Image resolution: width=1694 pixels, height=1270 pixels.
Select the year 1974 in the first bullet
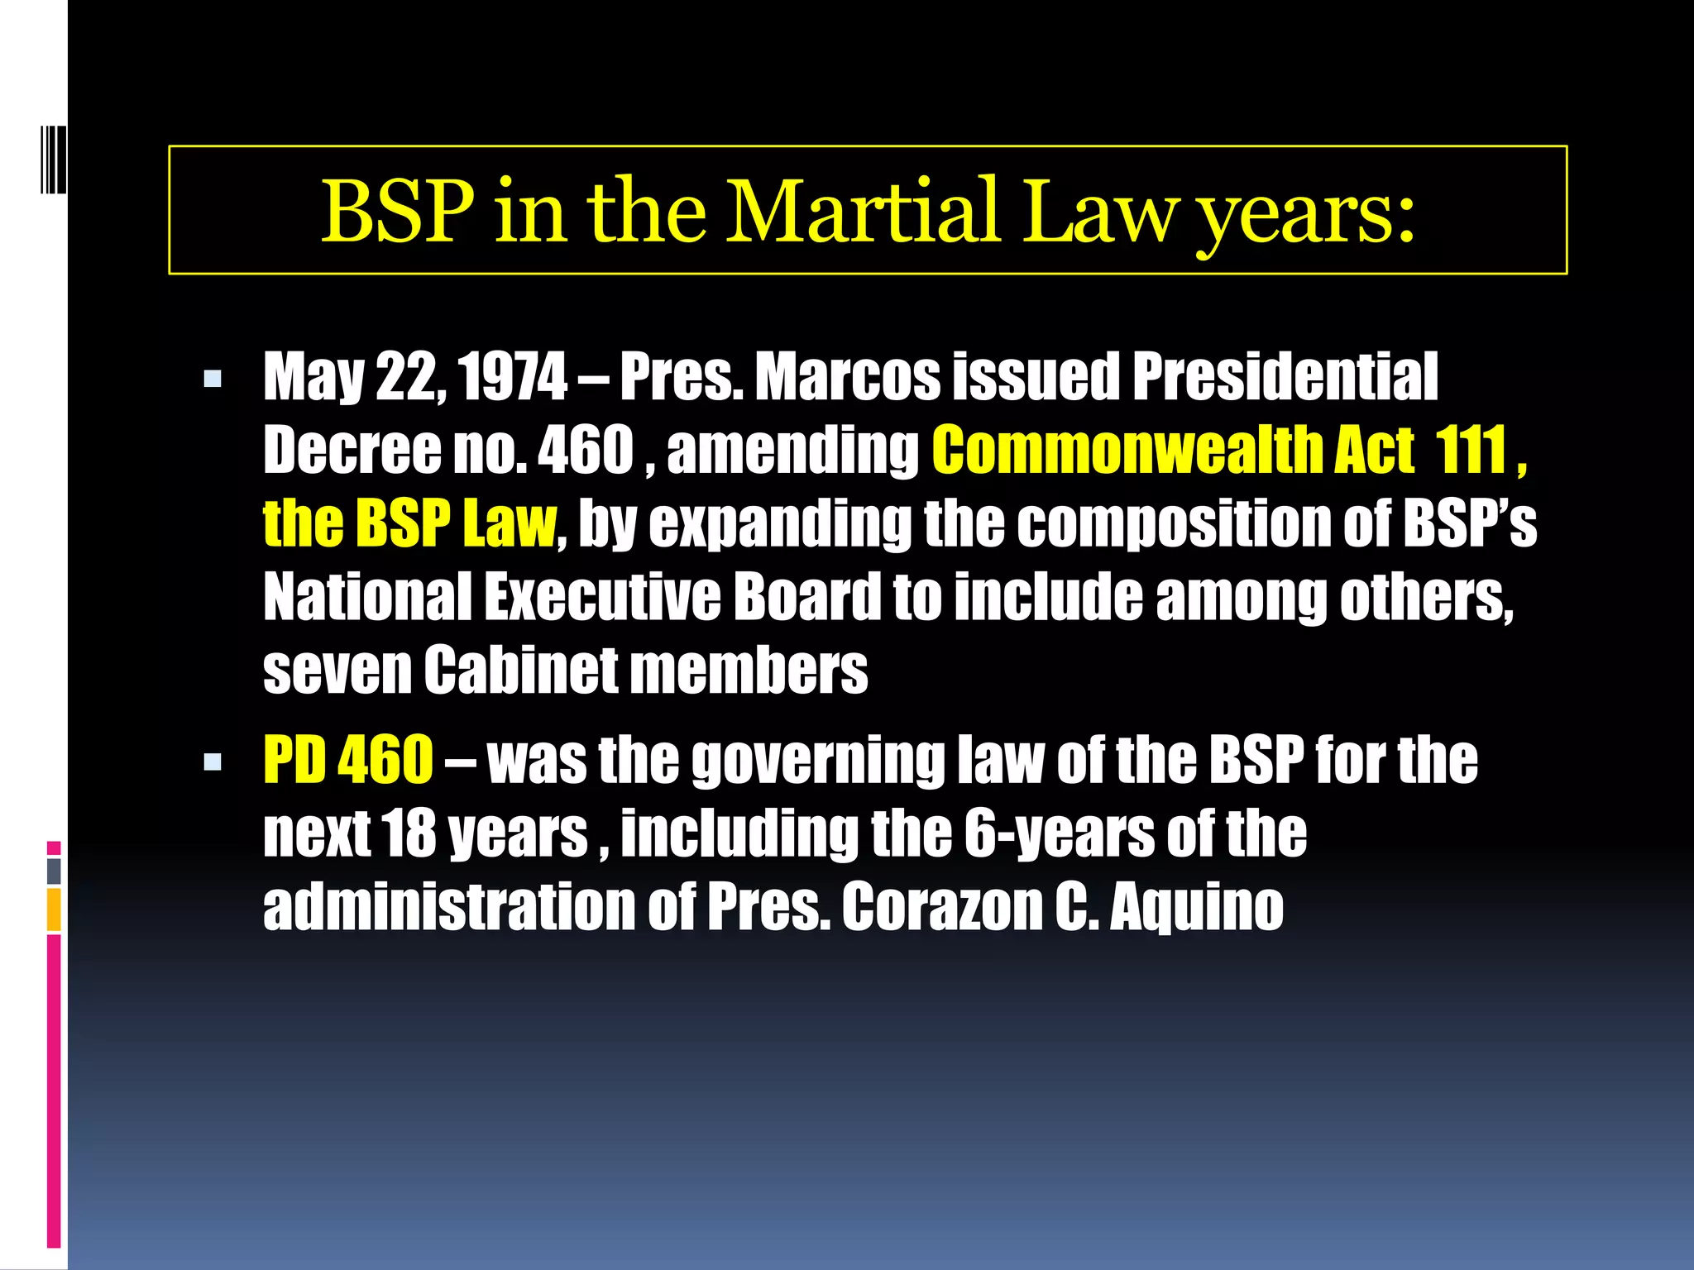513,377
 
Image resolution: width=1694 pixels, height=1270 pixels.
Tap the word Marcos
848,377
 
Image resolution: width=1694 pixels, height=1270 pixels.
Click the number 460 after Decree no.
586,450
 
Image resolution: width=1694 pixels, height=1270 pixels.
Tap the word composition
1175,524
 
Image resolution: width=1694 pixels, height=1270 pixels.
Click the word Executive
602,596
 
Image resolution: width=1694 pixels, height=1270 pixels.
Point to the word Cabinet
521,669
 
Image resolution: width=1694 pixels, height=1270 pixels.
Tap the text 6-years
1060,833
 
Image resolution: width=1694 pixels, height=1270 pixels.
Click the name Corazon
942,906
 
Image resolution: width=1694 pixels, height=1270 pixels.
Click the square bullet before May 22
213,380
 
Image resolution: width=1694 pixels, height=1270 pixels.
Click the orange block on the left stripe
54,909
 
